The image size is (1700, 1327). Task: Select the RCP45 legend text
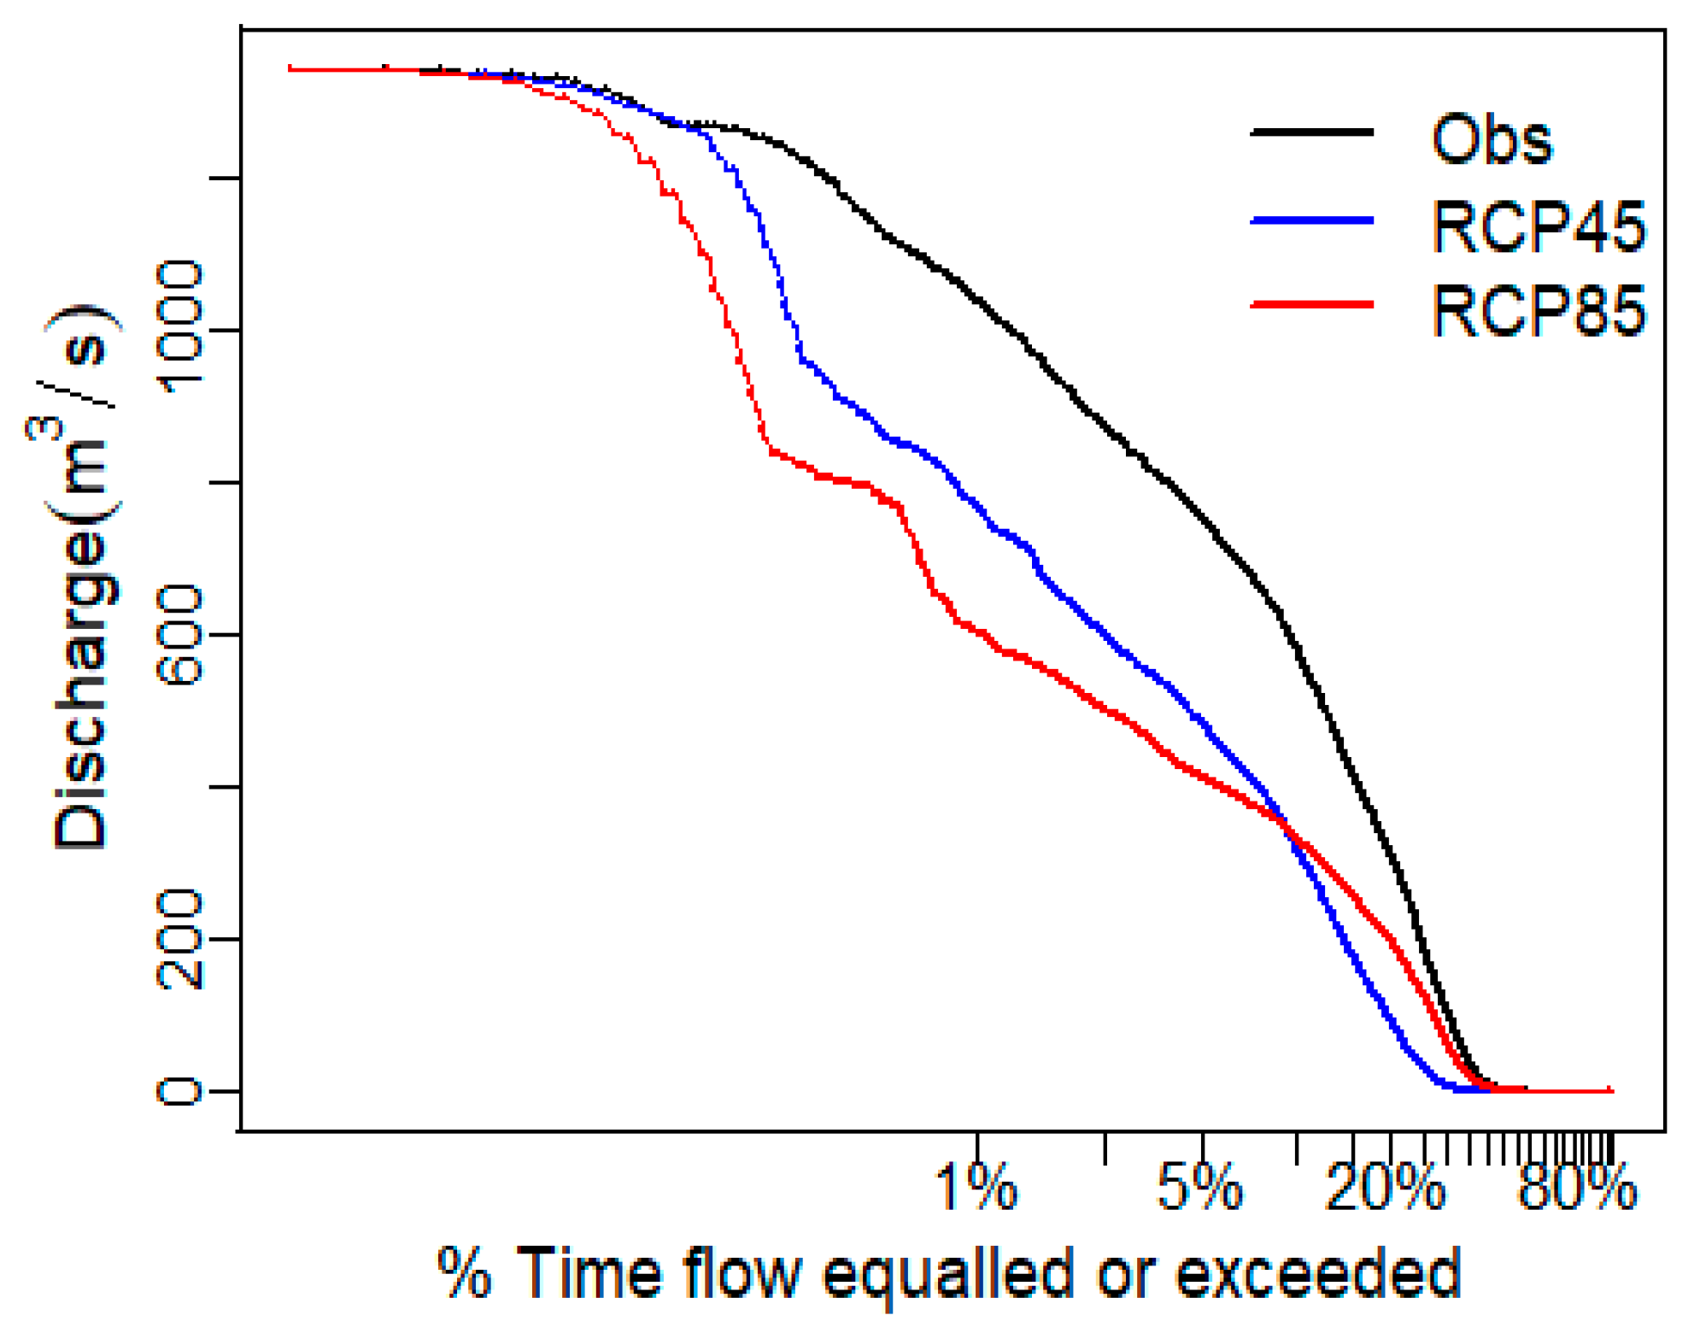pyautogui.click(x=1537, y=226)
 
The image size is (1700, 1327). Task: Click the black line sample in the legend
pyautogui.click(x=1310, y=132)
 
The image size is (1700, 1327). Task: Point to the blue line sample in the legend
pyautogui.click(x=1310, y=220)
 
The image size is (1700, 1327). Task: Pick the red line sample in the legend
pyautogui.click(x=1310, y=304)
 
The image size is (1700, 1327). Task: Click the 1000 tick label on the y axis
pyautogui.click(x=180, y=328)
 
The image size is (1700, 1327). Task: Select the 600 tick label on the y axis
pyautogui.click(x=180, y=633)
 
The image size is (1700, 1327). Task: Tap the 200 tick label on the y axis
pyautogui.click(x=180, y=938)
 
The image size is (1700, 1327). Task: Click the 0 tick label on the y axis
pyautogui.click(x=180, y=1090)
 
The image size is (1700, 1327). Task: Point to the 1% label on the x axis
pyautogui.click(x=976, y=1188)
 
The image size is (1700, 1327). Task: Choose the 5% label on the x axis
pyautogui.click(x=1199, y=1188)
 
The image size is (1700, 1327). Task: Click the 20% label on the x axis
pyautogui.click(x=1384, y=1188)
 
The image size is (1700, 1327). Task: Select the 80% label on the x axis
pyautogui.click(x=1576, y=1188)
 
